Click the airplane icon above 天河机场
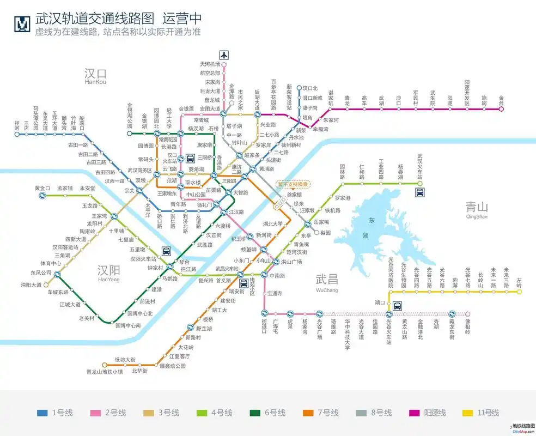[x=223, y=55]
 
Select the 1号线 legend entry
[x=54, y=413]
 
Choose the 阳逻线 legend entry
[x=426, y=413]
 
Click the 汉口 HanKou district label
[x=95, y=76]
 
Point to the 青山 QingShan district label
[x=477, y=209]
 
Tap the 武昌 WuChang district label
[x=327, y=282]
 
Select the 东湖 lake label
[x=373, y=228]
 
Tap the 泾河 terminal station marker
[x=17, y=134]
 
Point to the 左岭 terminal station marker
[x=519, y=292]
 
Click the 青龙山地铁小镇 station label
[x=105, y=372]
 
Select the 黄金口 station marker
[x=42, y=196]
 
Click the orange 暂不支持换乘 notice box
[x=294, y=184]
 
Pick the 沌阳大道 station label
[x=31, y=284]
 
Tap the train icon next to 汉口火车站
[x=190, y=159]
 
